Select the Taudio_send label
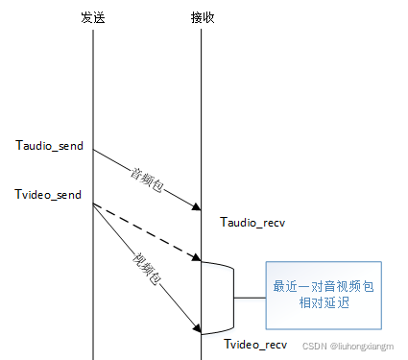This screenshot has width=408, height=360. pyautogui.click(x=50, y=146)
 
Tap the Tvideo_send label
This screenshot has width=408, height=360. pyautogui.click(x=49, y=195)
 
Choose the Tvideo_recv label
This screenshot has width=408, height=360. pyautogui.click(x=256, y=344)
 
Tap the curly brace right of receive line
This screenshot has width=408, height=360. pyautogui.click(x=230, y=297)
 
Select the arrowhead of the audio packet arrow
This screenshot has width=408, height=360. pyautogui.click(x=197, y=206)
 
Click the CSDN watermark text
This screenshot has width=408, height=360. pyautogui.click(x=350, y=351)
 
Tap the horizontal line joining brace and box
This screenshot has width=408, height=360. pyautogui.click(x=251, y=297)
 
